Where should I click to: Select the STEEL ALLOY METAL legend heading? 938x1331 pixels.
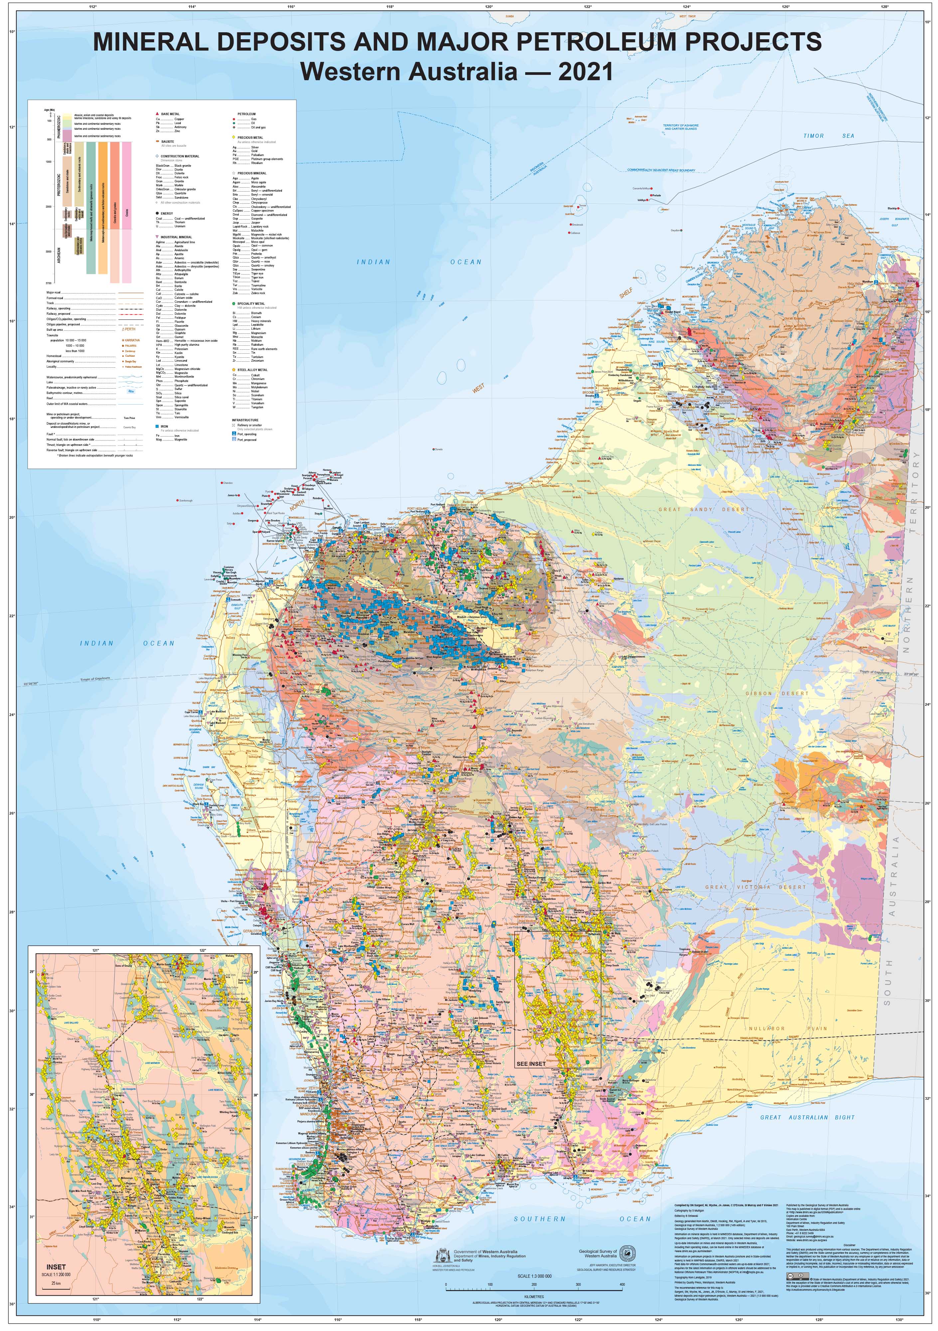(x=252, y=370)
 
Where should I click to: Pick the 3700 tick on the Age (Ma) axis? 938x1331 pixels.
(x=48, y=283)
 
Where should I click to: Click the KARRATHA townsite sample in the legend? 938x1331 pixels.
(x=132, y=340)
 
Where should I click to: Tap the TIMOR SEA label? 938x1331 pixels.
(x=829, y=136)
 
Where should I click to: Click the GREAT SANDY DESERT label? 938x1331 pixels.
(x=703, y=509)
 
